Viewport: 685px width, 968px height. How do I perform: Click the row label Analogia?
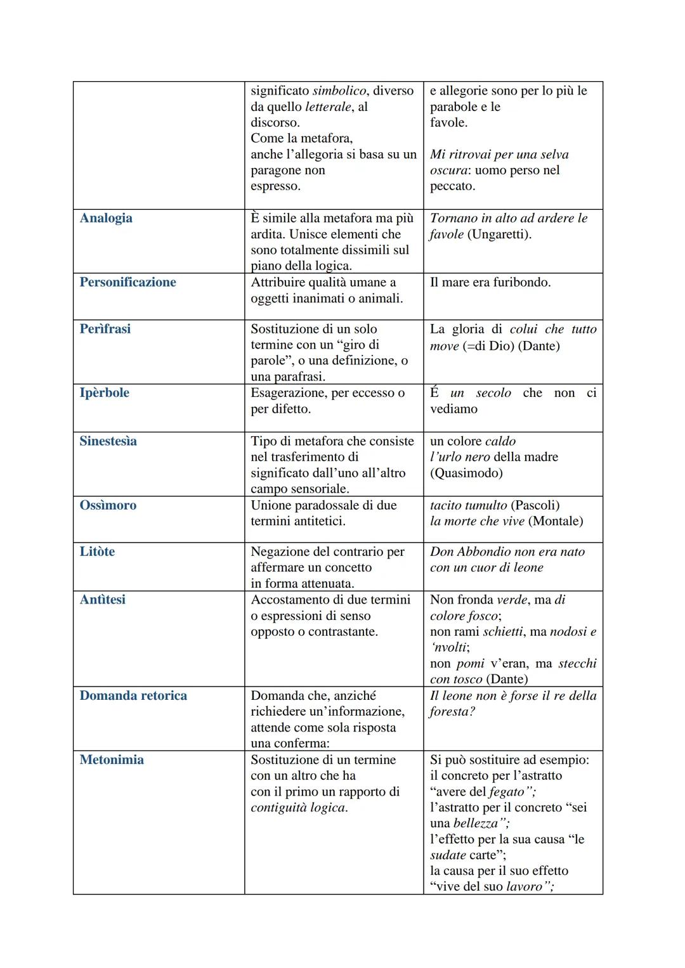(106, 218)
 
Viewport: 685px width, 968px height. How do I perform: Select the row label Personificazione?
(127, 282)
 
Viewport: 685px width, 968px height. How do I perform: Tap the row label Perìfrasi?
(105, 329)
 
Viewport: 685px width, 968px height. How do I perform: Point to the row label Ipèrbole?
(104, 393)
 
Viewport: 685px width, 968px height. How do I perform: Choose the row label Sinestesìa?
(108, 441)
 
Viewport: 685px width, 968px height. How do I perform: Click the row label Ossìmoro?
(108, 505)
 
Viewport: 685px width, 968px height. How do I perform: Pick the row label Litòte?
(97, 552)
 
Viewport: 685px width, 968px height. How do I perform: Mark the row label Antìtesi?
(102, 600)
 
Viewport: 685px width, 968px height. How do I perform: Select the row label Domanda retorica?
(133, 695)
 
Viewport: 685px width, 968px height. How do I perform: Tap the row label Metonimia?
(112, 759)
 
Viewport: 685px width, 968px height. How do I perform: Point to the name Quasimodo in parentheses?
(466, 473)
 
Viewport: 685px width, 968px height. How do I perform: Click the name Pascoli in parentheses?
(535, 505)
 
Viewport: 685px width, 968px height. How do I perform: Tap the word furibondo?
(518, 282)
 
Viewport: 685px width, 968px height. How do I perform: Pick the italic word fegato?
(507, 792)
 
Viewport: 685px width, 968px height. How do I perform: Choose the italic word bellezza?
(476, 823)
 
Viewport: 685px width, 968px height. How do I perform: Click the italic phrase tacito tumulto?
(469, 505)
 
